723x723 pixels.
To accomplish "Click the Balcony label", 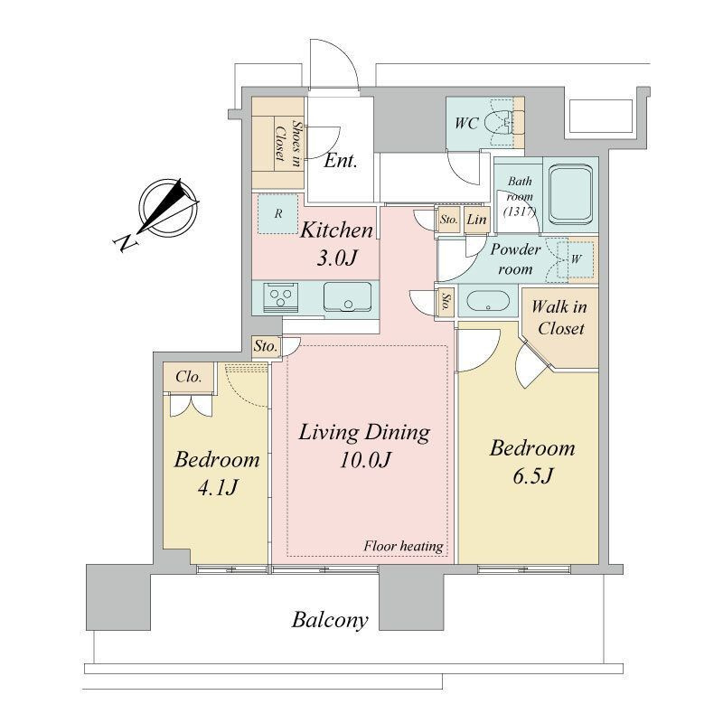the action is click(x=330, y=621).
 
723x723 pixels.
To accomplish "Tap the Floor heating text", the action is click(x=403, y=547).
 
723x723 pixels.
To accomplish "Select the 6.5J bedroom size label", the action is click(x=532, y=476).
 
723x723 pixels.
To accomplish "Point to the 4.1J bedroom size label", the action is click(x=217, y=487).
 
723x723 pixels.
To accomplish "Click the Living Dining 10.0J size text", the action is click(x=365, y=460).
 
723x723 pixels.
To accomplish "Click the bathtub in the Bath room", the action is click(x=571, y=194).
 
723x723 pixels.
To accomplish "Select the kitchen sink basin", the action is click(x=348, y=296).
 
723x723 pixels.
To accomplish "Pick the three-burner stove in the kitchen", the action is click(x=281, y=297).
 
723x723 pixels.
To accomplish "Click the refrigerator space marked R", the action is click(x=278, y=213).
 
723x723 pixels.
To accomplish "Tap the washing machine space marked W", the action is click(x=576, y=258).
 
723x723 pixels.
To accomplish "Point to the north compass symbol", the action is click(x=169, y=207).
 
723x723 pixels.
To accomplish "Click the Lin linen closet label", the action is click(x=476, y=220).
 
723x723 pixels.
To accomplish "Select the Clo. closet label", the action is click(x=189, y=377).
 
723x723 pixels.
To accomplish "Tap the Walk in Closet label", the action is click(x=559, y=317).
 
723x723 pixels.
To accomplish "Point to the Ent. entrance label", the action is click(x=341, y=161).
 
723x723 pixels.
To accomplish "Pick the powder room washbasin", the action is click(x=488, y=302).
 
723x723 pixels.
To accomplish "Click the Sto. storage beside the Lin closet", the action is click(x=448, y=220).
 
